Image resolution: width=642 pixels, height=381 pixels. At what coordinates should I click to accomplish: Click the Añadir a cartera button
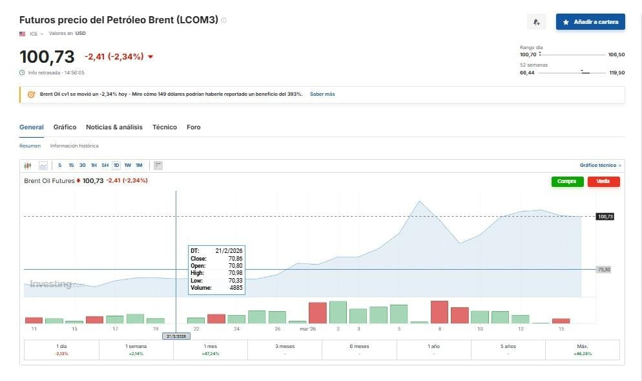pyautogui.click(x=590, y=22)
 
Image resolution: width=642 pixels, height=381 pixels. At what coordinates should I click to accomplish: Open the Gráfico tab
pyautogui.click(x=65, y=127)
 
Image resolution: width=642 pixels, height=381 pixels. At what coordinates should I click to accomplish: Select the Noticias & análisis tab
pyautogui.click(x=114, y=127)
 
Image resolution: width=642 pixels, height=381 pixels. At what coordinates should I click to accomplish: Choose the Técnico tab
pyautogui.click(x=165, y=127)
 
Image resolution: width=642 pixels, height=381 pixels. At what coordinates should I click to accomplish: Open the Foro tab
pyautogui.click(x=194, y=127)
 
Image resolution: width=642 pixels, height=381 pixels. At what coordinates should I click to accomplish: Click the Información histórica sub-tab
pyautogui.click(x=74, y=146)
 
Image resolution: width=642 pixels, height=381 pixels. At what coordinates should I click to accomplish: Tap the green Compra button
pyautogui.click(x=567, y=181)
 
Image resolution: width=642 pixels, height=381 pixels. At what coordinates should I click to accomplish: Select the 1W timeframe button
pyautogui.click(x=127, y=166)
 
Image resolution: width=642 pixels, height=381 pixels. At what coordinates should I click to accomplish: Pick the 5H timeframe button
pyautogui.click(x=105, y=166)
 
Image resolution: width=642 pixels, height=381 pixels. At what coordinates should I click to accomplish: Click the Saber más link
pyautogui.click(x=322, y=94)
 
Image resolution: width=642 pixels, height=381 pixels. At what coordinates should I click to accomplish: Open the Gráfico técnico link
pyautogui.click(x=600, y=166)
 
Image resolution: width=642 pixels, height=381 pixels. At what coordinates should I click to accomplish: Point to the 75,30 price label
pyautogui.click(x=605, y=269)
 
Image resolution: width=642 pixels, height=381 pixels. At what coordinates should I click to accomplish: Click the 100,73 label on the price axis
pyautogui.click(x=606, y=217)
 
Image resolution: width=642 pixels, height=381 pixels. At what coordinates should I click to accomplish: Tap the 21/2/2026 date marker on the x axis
pyautogui.click(x=176, y=336)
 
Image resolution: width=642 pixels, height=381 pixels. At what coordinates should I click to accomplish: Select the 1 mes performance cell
pyautogui.click(x=211, y=350)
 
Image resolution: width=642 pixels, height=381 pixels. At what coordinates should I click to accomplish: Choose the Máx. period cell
pyautogui.click(x=583, y=350)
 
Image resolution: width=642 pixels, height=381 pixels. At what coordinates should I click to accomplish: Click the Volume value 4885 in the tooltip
pyautogui.click(x=236, y=288)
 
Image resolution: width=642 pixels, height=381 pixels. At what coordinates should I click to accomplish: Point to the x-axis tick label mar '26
pyautogui.click(x=308, y=329)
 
